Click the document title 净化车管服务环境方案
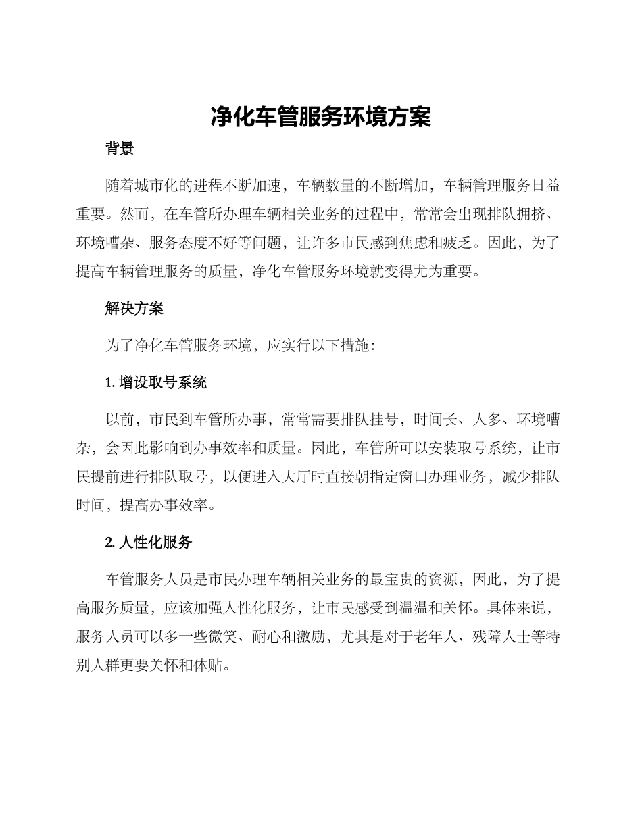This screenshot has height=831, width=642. [320, 117]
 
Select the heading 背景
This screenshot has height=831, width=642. [120, 149]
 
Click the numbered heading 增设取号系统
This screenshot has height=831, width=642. [162, 383]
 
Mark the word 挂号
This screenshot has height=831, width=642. [398, 420]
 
